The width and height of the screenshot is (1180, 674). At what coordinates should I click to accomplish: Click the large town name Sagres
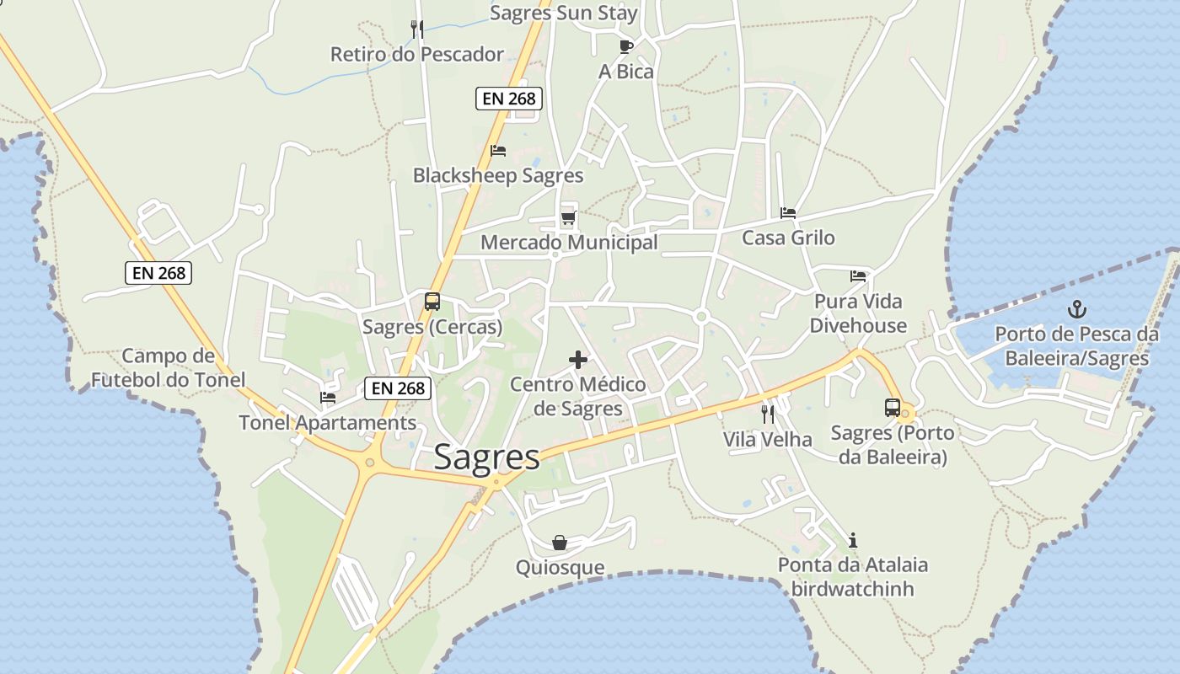click(486, 457)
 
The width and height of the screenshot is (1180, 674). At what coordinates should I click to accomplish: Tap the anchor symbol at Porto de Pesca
click(1076, 308)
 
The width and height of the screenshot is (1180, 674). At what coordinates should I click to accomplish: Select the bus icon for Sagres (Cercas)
click(432, 301)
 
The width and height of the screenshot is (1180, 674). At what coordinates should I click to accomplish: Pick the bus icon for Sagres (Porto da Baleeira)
click(892, 408)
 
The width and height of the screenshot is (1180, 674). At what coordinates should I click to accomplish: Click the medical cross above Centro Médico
click(578, 360)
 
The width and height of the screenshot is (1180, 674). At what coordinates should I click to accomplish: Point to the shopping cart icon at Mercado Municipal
click(568, 219)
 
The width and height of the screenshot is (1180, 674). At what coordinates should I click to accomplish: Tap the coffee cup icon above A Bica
click(625, 45)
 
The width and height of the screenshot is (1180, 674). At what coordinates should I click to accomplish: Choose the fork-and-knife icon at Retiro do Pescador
click(416, 29)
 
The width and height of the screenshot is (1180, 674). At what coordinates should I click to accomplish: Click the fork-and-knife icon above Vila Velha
click(767, 414)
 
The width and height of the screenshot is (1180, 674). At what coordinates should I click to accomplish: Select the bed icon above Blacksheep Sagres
click(498, 151)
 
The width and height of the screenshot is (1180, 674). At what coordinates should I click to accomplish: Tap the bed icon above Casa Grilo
click(788, 212)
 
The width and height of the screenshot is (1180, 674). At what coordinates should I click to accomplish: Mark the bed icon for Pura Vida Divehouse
click(858, 275)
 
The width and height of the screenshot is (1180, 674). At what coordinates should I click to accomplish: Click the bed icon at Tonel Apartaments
click(328, 398)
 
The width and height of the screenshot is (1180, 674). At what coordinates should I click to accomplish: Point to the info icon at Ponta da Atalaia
click(853, 540)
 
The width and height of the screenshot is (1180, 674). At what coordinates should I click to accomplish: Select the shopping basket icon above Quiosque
click(560, 543)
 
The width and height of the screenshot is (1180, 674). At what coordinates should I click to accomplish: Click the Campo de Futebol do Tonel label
click(169, 368)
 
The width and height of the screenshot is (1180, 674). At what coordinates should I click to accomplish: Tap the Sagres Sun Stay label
click(563, 13)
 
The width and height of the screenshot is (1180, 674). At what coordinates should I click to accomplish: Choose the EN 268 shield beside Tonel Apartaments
click(398, 388)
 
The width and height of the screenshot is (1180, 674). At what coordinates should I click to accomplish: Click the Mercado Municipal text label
click(569, 243)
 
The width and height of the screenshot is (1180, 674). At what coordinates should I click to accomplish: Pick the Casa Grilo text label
click(788, 238)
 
